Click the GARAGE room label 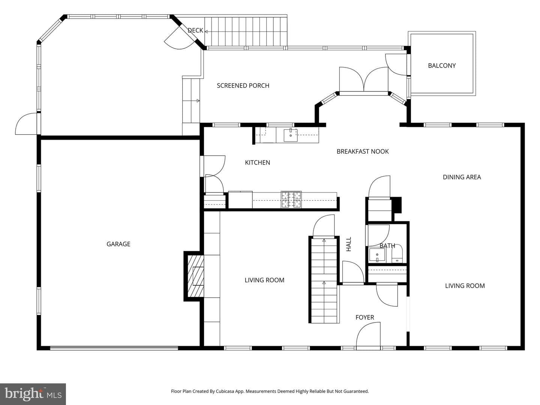point(118,244)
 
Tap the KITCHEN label point(257,162)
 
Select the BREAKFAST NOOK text point(363,151)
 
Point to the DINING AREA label point(462,177)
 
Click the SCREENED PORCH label point(243,85)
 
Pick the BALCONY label point(442,66)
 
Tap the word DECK point(195,30)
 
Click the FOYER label point(364,318)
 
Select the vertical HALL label point(349,244)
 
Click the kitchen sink point(291,135)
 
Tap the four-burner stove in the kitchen point(291,199)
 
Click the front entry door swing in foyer point(368,336)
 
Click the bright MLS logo point(33,394)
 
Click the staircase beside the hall point(324,280)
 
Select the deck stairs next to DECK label point(246,31)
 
